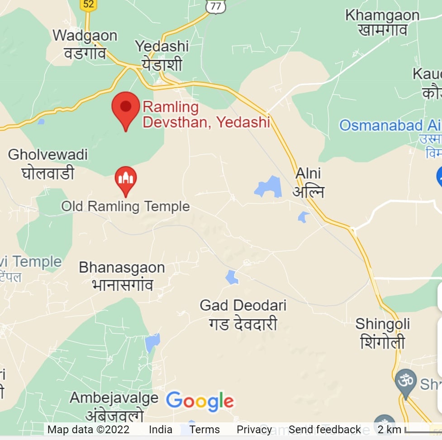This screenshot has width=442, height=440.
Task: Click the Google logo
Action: click(200, 401)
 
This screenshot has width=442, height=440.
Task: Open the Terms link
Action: click(204, 430)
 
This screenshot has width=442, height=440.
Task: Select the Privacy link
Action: click(254, 430)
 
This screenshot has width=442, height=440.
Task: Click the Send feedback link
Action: click(325, 430)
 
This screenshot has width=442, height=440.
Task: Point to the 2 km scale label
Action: click(389, 430)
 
